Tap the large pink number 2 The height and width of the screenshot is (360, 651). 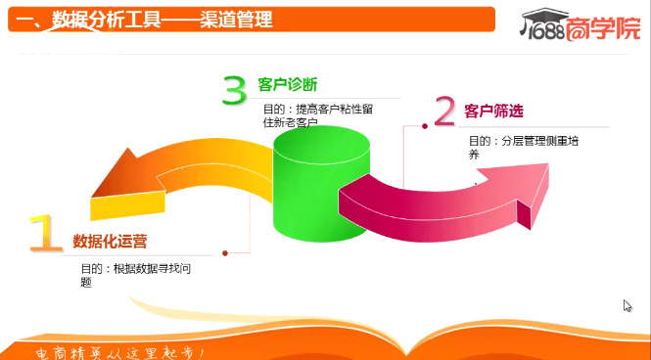(444, 112)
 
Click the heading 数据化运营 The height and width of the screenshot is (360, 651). (110, 241)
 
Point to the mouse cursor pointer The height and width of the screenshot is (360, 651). (628, 305)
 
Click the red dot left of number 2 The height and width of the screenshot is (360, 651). (424, 126)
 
